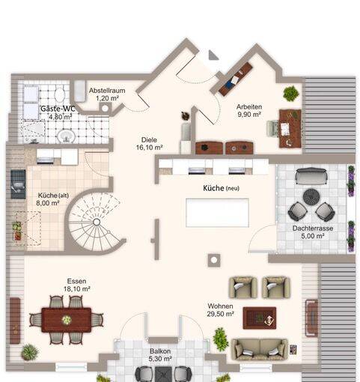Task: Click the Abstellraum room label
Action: (x=107, y=91)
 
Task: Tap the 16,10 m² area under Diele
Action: (x=149, y=148)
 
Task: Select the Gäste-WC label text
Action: (x=58, y=109)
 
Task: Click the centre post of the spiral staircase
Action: (x=97, y=222)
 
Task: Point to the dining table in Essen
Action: (x=67, y=320)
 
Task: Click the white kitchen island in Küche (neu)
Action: (x=217, y=213)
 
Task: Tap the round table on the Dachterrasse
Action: (x=311, y=197)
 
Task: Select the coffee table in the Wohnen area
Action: (x=260, y=318)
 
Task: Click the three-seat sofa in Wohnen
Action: (x=260, y=350)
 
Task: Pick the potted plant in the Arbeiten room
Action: (x=291, y=94)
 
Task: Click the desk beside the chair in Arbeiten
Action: (x=290, y=128)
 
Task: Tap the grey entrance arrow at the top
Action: (x=213, y=55)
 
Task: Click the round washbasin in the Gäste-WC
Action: (x=67, y=136)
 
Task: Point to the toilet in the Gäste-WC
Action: (x=60, y=94)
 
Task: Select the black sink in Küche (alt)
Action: (x=18, y=184)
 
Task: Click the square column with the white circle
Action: (x=214, y=260)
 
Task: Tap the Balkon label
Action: (x=160, y=351)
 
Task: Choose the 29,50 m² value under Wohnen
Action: (x=220, y=314)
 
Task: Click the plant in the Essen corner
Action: (x=29, y=352)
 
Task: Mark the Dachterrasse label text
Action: (x=313, y=228)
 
